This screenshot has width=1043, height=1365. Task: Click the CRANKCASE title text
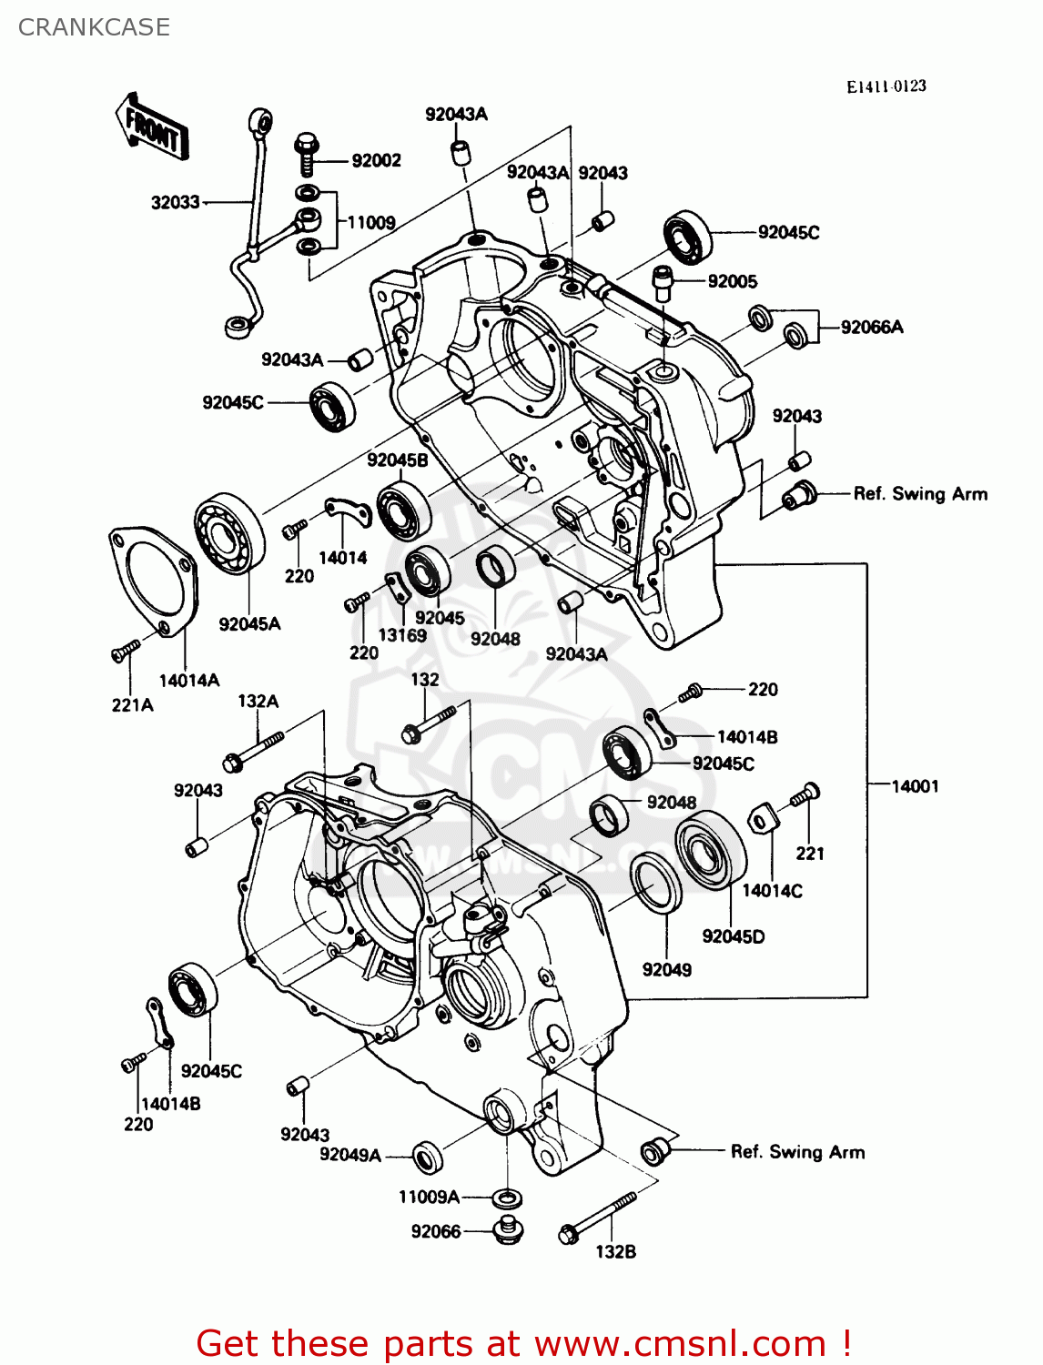tap(94, 27)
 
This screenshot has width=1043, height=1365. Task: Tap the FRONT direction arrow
tap(151, 127)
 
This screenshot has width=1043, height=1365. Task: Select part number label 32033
tap(175, 202)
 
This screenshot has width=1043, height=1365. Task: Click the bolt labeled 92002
tap(307, 155)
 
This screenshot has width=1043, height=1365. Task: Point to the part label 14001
tap(914, 786)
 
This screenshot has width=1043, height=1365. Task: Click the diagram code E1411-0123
tap(886, 86)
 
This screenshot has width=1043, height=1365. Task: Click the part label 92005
tap(733, 281)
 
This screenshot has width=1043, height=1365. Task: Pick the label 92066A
tap(871, 328)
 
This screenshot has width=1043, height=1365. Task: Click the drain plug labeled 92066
tap(507, 1229)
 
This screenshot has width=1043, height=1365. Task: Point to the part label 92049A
tap(349, 1155)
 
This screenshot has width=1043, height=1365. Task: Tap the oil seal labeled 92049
tap(655, 882)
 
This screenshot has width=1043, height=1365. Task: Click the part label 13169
tap(402, 635)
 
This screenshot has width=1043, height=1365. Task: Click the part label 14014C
tap(772, 891)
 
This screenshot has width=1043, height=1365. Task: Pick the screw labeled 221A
tap(125, 650)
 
